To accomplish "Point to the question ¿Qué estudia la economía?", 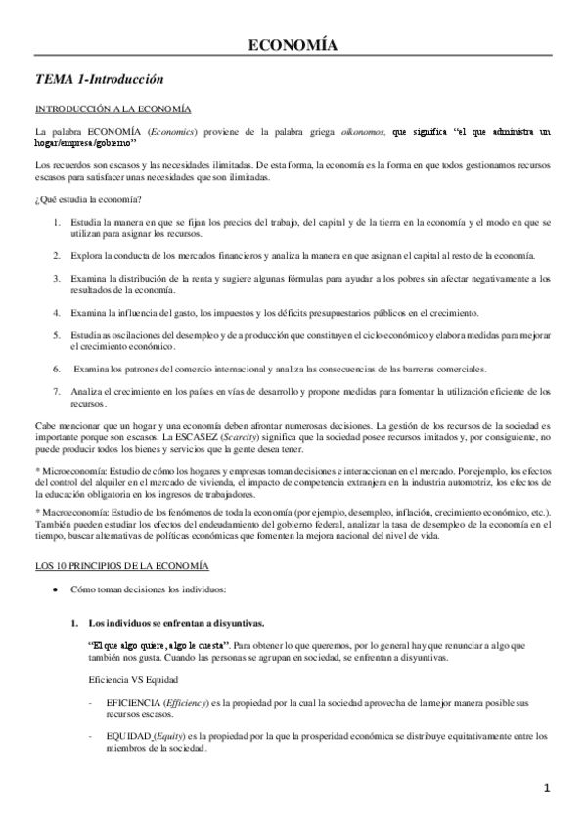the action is (x=87, y=199).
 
